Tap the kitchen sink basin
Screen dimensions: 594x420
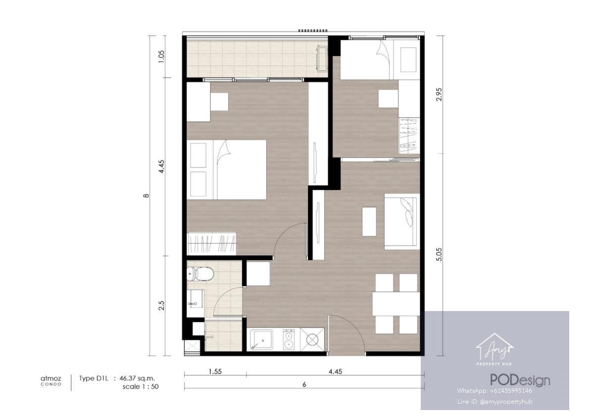261,340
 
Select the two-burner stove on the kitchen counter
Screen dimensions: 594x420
289,340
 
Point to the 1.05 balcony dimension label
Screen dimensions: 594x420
161,56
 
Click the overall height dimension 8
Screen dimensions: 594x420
146,196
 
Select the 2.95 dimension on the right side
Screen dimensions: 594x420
439,94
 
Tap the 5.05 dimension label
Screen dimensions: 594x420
439,255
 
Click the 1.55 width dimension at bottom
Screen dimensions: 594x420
215,371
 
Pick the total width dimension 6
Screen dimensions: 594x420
304,384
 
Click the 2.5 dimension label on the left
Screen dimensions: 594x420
161,306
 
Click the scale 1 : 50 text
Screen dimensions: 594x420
141,387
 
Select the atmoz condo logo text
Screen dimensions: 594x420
51,380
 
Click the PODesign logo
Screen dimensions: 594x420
520,380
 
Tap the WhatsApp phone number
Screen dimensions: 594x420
495,391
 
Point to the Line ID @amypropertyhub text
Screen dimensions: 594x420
495,402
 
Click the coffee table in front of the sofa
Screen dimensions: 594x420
369,221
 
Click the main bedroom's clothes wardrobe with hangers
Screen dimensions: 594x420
211,244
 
